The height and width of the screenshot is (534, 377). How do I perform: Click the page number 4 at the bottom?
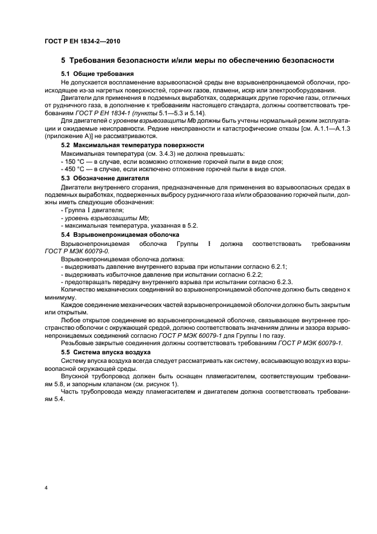[46, 488]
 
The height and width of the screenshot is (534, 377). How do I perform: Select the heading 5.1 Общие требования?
[97, 74]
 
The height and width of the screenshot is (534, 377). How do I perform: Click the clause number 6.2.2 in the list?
[259, 274]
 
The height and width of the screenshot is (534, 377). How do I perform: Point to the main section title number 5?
[63, 60]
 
